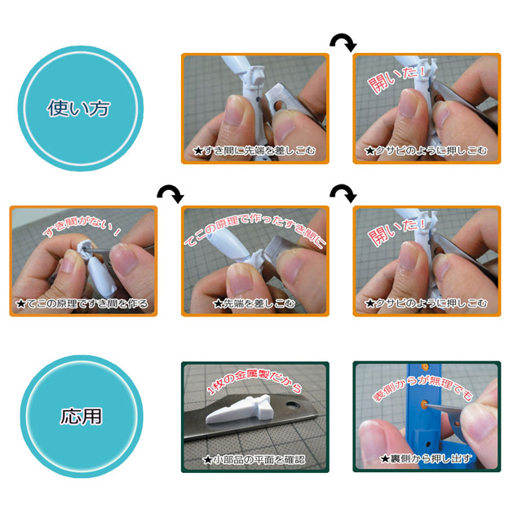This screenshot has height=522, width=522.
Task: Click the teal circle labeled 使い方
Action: tap(80, 108)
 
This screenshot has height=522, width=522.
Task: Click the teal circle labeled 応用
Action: tap(82, 416)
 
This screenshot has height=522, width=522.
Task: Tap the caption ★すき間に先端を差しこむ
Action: tap(254, 151)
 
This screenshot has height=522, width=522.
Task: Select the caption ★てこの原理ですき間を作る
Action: tap(82, 303)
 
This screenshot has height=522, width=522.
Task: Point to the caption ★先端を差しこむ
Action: tap(254, 303)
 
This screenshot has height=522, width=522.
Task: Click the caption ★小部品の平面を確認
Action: tap(254, 460)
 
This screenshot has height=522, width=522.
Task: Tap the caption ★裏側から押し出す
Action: tap(426, 458)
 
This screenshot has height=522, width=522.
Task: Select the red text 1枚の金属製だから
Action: tap(254, 381)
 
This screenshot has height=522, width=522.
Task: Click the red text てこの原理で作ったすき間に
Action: tap(254, 230)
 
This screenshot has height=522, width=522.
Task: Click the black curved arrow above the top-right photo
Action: tap(343, 42)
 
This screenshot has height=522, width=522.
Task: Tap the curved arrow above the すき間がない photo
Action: tap(170, 194)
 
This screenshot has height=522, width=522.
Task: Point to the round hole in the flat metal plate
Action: tap(293, 405)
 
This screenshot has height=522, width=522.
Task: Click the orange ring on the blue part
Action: tap(424, 404)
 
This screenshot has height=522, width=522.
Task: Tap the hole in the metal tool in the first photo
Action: tap(279, 106)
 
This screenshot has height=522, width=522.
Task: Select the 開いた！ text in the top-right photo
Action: tap(397, 78)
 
